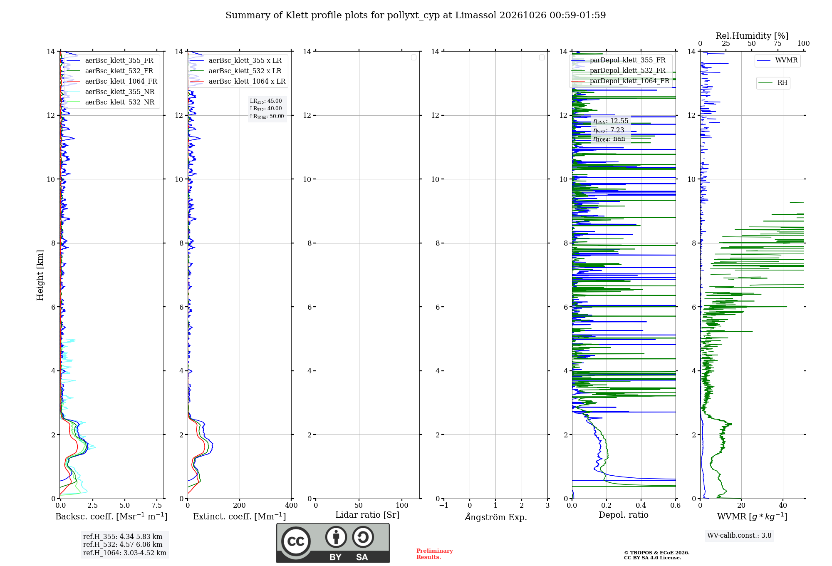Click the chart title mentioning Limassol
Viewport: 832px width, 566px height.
(416, 15)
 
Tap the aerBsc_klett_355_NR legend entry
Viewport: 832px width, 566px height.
(111, 92)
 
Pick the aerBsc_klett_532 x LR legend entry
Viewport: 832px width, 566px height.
(236, 71)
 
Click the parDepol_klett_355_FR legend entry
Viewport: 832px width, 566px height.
(619, 60)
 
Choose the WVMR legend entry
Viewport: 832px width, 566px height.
(778, 60)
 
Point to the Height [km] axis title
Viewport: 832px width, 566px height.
(40, 275)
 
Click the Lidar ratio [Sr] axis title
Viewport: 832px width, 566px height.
(367, 515)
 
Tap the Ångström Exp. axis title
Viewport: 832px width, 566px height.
(496, 516)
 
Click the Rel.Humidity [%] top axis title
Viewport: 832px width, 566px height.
(752, 36)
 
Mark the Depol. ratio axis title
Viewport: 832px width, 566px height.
(624, 515)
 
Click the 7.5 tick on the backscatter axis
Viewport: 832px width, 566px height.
(157, 506)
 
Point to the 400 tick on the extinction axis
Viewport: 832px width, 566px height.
(291, 506)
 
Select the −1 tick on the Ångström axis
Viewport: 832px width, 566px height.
(444, 506)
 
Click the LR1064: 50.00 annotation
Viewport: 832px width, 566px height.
(267, 117)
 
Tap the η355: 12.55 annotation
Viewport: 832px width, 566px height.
(611, 121)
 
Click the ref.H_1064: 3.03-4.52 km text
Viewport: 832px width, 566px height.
(125, 553)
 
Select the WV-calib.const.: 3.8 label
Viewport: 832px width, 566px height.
(739, 536)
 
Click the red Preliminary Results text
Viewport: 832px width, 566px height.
(435, 554)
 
